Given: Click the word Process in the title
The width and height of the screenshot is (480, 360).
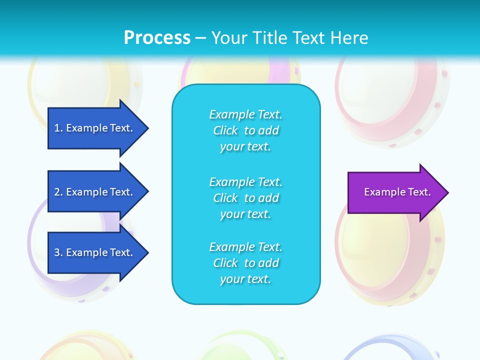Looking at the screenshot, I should click(x=157, y=38).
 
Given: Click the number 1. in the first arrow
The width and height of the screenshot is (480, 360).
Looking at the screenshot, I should click(x=58, y=128).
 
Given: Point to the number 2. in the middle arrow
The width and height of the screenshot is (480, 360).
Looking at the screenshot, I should click(x=58, y=192).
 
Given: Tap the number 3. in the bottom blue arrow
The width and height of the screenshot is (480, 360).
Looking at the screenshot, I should click(x=58, y=252).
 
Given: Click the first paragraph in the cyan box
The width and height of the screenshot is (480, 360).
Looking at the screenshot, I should click(x=245, y=130).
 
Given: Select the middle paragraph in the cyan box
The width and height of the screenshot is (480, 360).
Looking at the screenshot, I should click(x=245, y=198).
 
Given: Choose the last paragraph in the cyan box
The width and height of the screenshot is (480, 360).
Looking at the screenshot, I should click(x=245, y=263).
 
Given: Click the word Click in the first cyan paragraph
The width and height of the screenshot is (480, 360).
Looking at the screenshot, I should click(x=225, y=131).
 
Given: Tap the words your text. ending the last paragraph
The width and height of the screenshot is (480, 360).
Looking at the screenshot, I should click(x=245, y=279).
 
